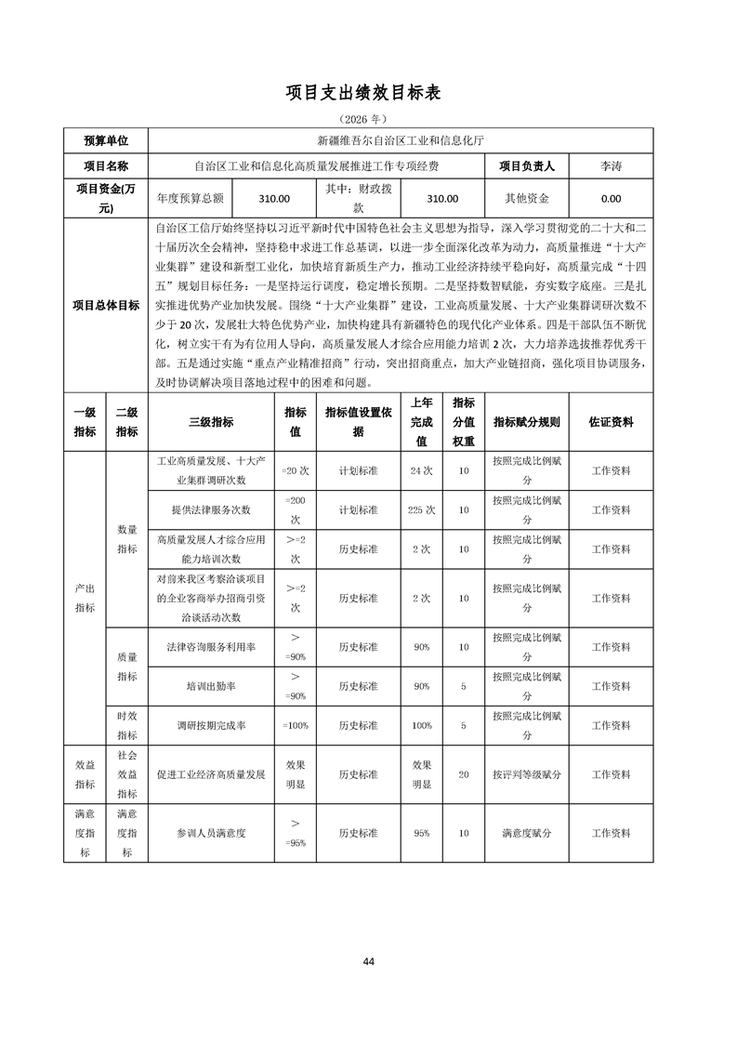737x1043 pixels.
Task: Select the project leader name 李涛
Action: point(611,166)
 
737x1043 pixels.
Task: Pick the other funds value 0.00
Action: point(611,198)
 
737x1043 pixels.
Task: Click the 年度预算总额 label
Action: point(190,198)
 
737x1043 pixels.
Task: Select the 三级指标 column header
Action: point(211,421)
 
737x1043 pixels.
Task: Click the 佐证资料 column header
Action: point(611,421)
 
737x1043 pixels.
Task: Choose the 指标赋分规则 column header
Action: point(526,421)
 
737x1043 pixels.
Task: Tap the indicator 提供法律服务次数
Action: point(211,509)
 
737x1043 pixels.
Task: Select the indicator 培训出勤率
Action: point(211,686)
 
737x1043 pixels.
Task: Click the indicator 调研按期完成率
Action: point(211,725)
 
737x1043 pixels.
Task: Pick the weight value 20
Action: point(463,773)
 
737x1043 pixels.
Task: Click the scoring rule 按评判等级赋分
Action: point(526,773)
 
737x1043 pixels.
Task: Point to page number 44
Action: point(369,960)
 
